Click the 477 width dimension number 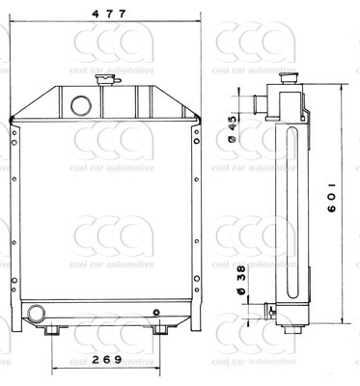tap(109, 14)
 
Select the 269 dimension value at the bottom tap(106, 359)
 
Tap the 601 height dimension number tap(332, 198)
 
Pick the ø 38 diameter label tap(241, 280)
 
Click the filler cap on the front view tap(107, 79)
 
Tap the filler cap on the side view tap(290, 78)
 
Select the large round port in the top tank tap(81, 105)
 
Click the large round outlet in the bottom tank tap(36, 314)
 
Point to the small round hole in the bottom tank tap(156, 312)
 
